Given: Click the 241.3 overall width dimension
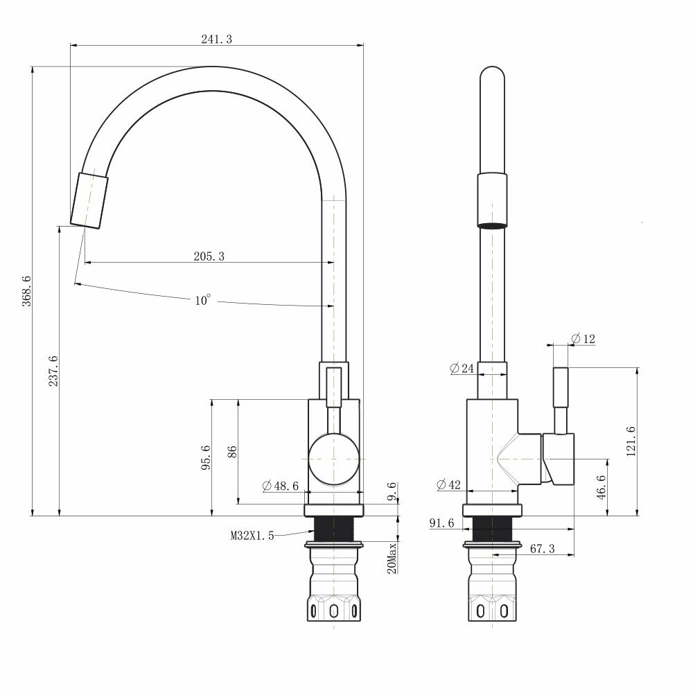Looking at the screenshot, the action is click(216, 40).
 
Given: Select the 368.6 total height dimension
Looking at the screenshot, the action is click(27, 292).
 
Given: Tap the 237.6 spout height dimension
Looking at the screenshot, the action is click(53, 371).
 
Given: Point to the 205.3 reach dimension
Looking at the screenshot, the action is click(209, 256).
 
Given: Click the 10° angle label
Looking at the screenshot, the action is click(202, 301).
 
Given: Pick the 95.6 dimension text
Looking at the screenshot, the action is click(206, 458).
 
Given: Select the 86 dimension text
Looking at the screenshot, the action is click(233, 452).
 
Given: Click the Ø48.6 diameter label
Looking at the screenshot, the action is click(281, 486).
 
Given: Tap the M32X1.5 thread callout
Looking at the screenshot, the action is click(252, 535).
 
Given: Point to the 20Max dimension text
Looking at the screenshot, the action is click(392, 559).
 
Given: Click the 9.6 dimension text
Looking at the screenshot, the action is click(392, 491).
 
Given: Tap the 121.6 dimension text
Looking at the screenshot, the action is click(630, 441).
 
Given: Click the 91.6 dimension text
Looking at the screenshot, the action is click(441, 523).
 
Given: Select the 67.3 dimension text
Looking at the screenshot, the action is click(542, 549).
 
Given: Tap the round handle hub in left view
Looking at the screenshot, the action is click(333, 459).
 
